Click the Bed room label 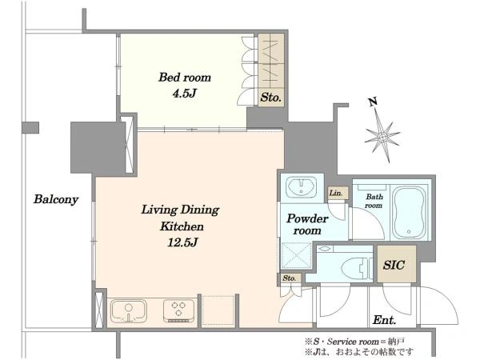click(185, 77)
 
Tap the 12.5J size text click(182, 242)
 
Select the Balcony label click(56, 199)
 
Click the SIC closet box click(397, 264)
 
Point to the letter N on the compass click(373, 102)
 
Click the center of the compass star click(382, 137)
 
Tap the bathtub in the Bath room click(410, 212)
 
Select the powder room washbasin click(301, 188)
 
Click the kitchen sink click(129, 310)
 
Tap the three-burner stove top click(178, 310)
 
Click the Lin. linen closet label click(336, 193)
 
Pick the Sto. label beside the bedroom click(270, 98)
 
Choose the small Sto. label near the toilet click(290, 278)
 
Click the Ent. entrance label click(385, 320)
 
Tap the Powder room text click(307, 224)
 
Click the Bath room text click(374, 201)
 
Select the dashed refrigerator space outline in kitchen click(218, 310)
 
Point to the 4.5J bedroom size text click(184, 93)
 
